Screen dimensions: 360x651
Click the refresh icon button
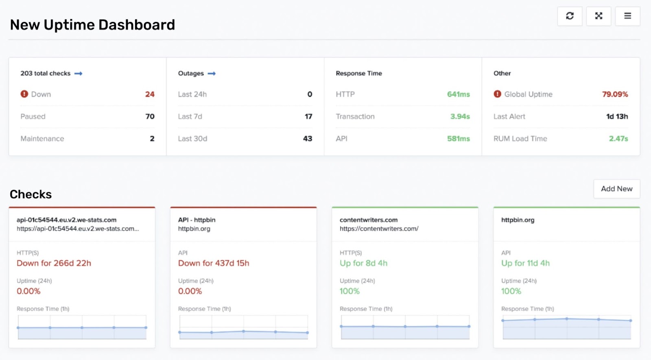click(x=570, y=16)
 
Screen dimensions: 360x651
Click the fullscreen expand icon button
click(x=599, y=16)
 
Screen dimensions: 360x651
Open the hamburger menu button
click(x=627, y=16)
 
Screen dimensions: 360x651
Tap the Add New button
click(x=616, y=189)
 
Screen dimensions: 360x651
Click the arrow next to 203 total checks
click(x=78, y=74)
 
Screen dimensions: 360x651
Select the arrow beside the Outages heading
click(x=212, y=74)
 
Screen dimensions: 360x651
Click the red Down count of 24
click(x=150, y=94)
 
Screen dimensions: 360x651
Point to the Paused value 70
click(x=150, y=116)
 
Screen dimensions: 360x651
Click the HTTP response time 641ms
click(x=458, y=94)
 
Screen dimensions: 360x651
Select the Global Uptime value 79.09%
click(x=615, y=94)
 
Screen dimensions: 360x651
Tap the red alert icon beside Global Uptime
click(x=497, y=94)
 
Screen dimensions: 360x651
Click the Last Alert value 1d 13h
click(x=617, y=116)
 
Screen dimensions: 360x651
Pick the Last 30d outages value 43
click(x=308, y=139)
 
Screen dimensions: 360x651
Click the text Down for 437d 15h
click(x=214, y=263)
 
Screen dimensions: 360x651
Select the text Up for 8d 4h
click(x=363, y=263)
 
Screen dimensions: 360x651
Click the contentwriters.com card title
click(x=369, y=220)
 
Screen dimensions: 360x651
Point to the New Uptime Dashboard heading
click(x=92, y=25)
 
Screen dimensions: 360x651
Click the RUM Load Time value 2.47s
click(x=618, y=139)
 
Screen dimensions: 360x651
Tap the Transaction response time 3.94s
click(x=460, y=116)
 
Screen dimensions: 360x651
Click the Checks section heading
click(x=31, y=194)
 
